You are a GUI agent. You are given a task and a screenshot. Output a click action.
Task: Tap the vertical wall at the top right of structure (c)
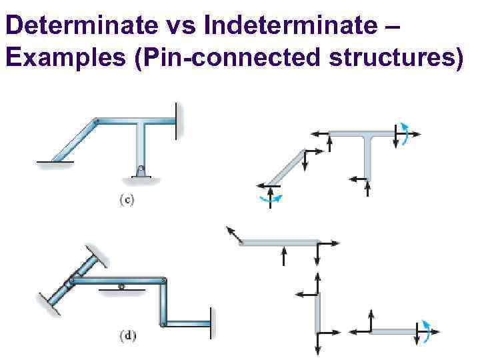point(177,121)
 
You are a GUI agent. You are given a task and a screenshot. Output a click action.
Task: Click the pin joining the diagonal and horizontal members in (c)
point(97,121)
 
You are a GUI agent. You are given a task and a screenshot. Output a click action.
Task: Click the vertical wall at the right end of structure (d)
point(211,325)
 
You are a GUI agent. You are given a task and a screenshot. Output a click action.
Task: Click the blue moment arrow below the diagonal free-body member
point(270,197)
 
